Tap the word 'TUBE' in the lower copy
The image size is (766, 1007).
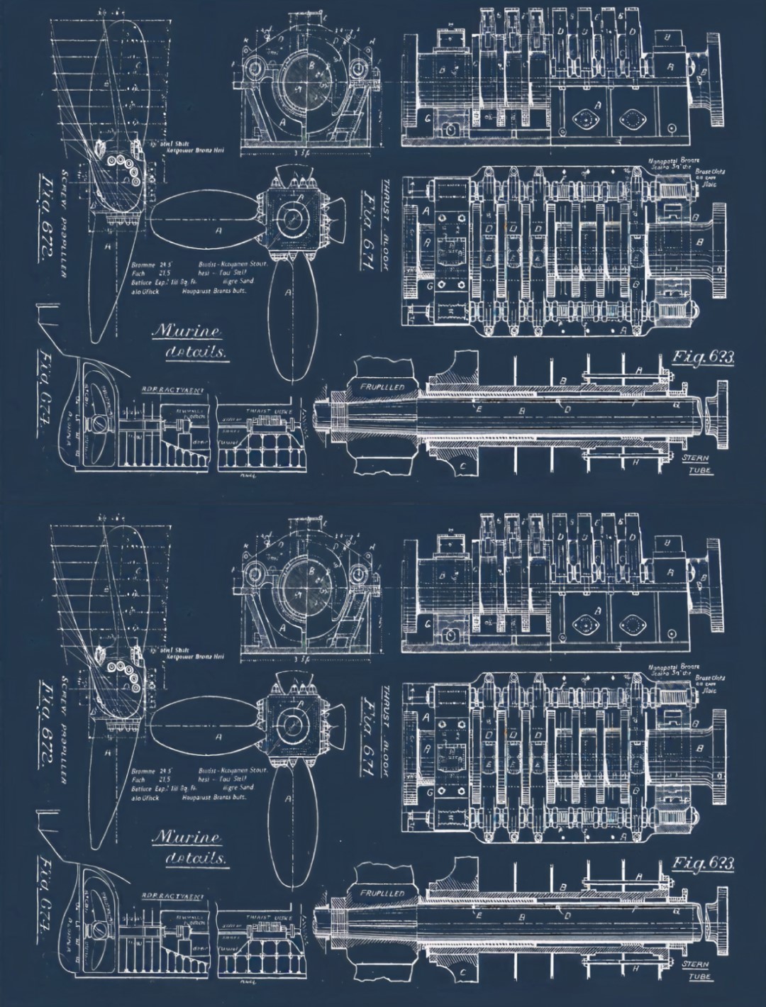click(693, 977)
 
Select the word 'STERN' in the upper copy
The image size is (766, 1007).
click(693, 459)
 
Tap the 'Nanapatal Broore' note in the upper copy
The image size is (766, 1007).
click(674, 161)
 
